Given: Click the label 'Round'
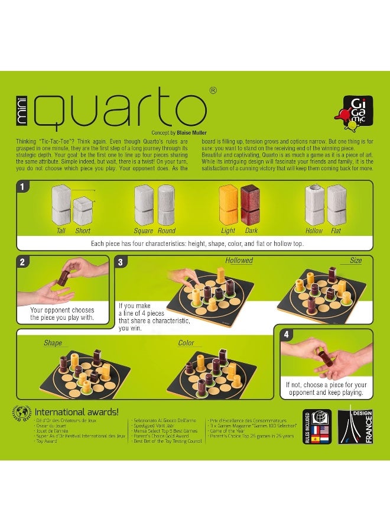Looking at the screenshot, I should [167, 231].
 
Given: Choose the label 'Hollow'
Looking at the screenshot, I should [314, 231].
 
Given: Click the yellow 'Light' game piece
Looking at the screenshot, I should [228, 205].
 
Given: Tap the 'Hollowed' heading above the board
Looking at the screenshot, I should [239, 260].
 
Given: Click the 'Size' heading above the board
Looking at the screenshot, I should [356, 260].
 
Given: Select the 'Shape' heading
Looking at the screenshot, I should [53, 343].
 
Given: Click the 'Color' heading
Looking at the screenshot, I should [186, 343].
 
